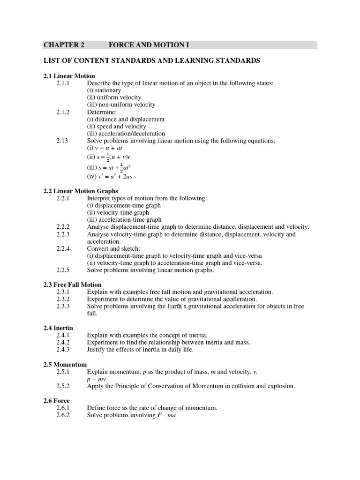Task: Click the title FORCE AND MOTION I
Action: point(149,45)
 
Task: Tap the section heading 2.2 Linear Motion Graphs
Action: point(81,191)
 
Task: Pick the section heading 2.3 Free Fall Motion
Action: point(72,285)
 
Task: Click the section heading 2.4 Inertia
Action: point(58,328)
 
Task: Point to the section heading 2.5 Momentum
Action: point(65,364)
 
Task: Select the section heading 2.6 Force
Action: point(56,401)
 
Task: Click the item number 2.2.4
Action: point(63,248)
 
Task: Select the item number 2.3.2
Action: point(63,299)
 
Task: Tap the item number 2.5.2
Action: point(63,386)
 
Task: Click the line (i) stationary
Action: point(104,90)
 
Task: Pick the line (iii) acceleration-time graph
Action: point(124,219)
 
